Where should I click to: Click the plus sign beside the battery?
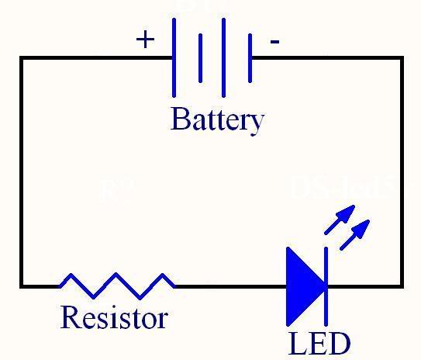point(145,40)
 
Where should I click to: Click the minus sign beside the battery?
point(274,41)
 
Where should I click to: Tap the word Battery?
point(217,120)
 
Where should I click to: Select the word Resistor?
point(113,317)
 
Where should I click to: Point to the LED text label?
point(319,343)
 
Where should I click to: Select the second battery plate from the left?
point(200,57)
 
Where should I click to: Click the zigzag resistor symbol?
point(116,286)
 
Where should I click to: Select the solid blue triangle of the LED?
point(303,286)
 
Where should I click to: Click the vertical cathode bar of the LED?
point(326,286)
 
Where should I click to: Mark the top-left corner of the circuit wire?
point(22,58)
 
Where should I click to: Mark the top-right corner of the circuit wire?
point(402,58)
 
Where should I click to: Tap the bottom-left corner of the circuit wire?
point(22,286)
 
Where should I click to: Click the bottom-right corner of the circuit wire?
point(402,286)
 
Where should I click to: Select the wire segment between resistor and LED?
point(230,286)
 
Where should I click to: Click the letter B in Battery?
point(179,119)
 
